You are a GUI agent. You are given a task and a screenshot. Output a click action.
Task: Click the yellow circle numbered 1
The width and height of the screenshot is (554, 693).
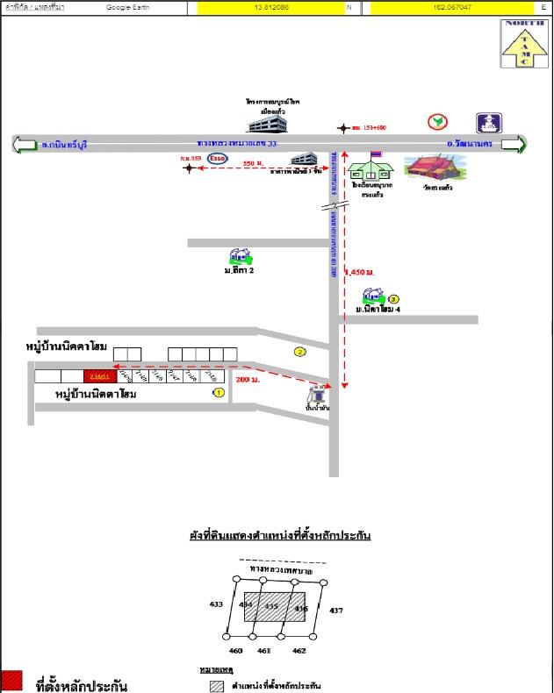pyautogui.click(x=219, y=393)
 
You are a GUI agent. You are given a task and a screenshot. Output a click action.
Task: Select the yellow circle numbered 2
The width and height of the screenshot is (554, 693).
pyautogui.click(x=300, y=352)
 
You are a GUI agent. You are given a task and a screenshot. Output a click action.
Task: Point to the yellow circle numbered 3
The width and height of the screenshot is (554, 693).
pyautogui.click(x=393, y=299)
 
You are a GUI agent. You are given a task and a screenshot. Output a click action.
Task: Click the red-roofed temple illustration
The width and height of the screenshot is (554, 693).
pyautogui.click(x=437, y=171)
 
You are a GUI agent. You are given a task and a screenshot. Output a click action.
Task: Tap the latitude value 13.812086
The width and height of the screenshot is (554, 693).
pyautogui.click(x=272, y=7)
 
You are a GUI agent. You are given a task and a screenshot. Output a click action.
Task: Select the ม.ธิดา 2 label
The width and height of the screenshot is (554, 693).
pyautogui.click(x=239, y=271)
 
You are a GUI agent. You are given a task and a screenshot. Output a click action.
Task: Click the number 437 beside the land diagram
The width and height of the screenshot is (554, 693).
pyautogui.click(x=336, y=610)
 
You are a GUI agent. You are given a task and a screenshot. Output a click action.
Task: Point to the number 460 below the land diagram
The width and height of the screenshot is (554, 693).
pyautogui.click(x=235, y=651)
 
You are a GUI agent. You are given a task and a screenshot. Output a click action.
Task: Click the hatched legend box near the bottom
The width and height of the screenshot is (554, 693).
pyautogui.click(x=216, y=685)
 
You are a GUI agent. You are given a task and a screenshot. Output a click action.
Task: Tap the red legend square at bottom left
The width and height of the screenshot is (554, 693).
pyautogui.click(x=11, y=681)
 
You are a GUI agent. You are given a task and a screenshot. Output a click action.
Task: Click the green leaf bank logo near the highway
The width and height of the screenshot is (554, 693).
pyautogui.click(x=435, y=122)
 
